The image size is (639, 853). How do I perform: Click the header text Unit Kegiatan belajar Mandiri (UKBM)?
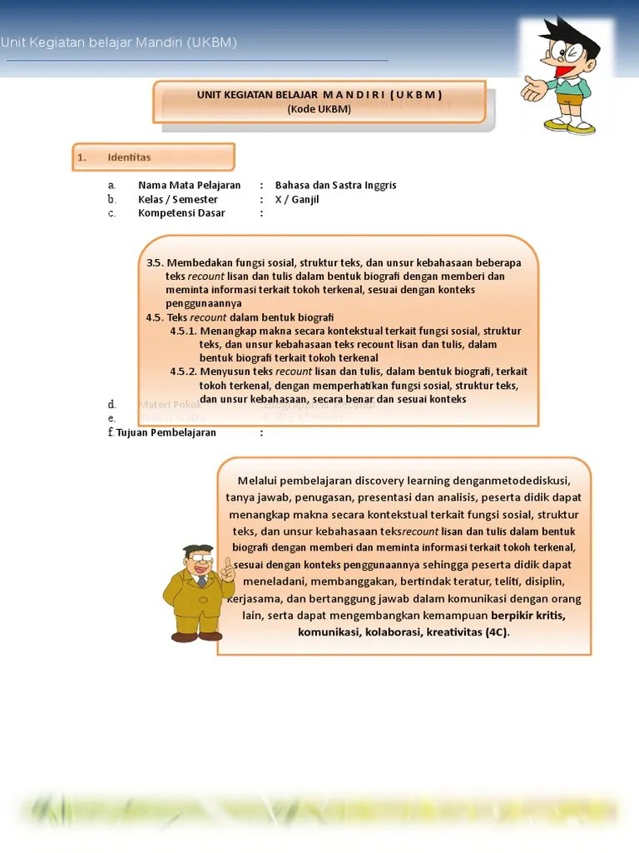tap(119, 42)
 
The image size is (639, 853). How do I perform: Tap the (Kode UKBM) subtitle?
tap(319, 109)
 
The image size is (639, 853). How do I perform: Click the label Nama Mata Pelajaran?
tap(189, 185)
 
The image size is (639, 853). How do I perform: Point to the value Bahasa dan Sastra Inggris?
tap(335, 185)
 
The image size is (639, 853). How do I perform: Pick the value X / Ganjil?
tap(297, 199)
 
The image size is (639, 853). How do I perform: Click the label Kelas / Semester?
tap(178, 199)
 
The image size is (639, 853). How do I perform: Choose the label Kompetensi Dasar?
tap(181, 213)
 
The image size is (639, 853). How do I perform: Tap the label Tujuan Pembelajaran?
tap(166, 432)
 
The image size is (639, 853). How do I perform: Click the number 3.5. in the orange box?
tap(155, 263)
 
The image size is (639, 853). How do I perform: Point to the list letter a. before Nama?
tap(111, 185)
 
